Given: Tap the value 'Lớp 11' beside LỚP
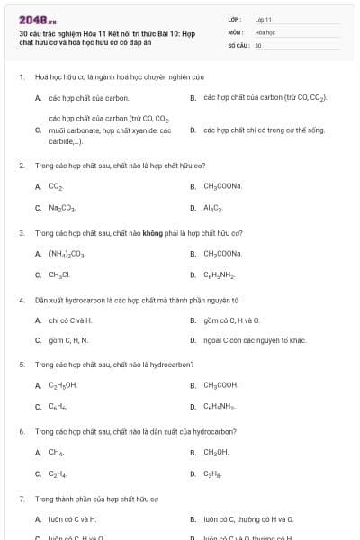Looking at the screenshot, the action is coord(263,19).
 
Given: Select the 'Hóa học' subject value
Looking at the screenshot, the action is coord(265,31).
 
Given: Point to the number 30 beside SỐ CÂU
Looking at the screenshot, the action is coord(258,44).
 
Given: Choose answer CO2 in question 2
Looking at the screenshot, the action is coord(56,186).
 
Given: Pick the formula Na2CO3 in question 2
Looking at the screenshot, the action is coord(62,208).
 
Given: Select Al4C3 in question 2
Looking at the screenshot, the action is coord(212,208).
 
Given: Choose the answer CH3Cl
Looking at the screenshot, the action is coord(59,274).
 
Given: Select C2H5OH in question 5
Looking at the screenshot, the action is coord(63,385).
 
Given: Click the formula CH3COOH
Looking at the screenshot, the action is coord(220,385).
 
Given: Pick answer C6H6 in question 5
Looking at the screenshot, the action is coord(58,407).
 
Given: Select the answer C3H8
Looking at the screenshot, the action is coord(212,473).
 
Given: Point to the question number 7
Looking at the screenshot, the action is coord(21,498).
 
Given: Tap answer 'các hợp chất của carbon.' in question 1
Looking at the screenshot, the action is coord(89,97).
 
